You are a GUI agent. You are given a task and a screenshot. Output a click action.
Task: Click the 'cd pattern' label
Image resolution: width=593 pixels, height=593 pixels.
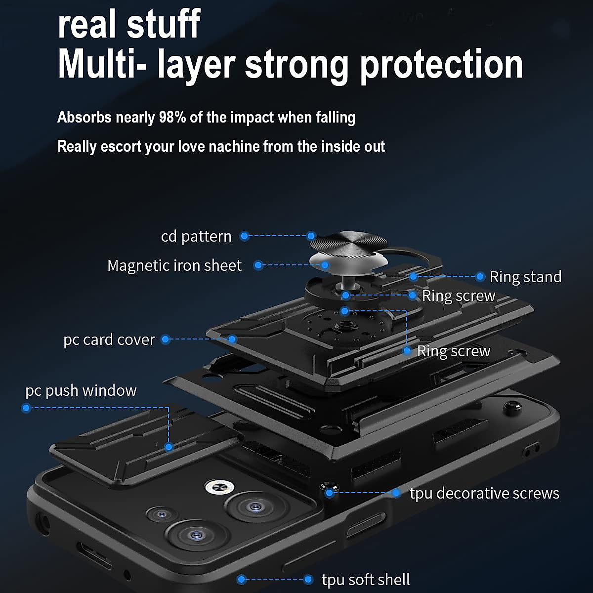[196, 236]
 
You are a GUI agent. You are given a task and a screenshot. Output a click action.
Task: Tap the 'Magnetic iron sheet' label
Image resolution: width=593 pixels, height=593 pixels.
[174, 265]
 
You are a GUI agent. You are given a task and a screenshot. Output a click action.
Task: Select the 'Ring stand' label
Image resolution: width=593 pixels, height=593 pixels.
[525, 277]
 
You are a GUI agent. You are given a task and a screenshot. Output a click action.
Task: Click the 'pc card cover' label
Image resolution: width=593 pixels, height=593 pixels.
[109, 339]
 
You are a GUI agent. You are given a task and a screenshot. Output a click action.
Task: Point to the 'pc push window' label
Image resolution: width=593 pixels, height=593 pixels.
[81, 390]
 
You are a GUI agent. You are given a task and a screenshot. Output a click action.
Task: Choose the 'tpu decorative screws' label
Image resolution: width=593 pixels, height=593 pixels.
[484, 493]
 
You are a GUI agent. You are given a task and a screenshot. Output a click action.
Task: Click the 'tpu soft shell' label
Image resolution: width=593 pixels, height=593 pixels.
[366, 579]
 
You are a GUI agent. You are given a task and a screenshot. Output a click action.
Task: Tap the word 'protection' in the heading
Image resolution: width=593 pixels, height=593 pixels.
[441, 65]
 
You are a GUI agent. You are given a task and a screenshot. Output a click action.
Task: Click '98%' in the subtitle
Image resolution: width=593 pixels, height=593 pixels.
[172, 118]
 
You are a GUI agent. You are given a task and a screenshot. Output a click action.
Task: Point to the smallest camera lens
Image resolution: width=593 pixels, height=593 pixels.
[161, 514]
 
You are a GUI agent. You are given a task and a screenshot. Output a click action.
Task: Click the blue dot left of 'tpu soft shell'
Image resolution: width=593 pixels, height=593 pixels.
[242, 579]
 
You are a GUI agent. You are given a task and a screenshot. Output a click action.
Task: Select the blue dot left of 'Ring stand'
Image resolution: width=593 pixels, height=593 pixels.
[479, 277]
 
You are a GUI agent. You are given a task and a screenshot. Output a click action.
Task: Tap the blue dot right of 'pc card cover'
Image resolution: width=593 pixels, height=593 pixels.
[166, 339]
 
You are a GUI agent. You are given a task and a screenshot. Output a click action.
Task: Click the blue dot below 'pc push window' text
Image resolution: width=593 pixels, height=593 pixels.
[26, 408]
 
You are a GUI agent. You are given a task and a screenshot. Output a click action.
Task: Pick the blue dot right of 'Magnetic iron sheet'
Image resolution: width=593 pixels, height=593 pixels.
[258, 265]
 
